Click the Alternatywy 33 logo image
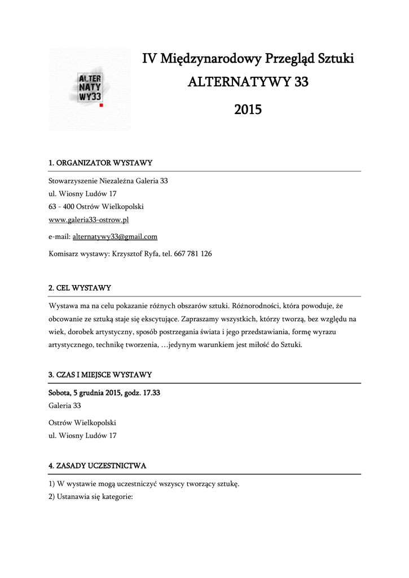tap(90, 89)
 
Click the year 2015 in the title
tap(248, 109)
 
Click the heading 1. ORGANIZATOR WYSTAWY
tap(100, 163)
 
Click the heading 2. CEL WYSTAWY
tap(80, 288)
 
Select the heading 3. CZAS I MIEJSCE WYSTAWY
tap(100, 375)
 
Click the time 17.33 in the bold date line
tap(151, 393)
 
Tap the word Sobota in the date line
tap(59, 393)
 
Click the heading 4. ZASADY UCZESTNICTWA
tap(98, 466)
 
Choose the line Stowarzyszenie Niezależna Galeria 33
tap(108, 181)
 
